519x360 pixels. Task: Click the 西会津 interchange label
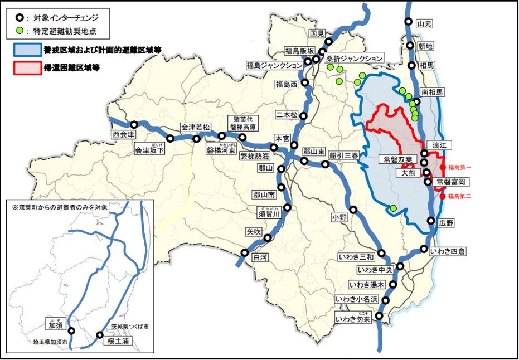coord(124,134)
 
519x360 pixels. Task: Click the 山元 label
coord(424,23)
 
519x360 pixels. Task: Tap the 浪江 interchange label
coord(440,144)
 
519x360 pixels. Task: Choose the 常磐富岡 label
coord(450,182)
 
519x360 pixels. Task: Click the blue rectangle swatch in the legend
coord(27,50)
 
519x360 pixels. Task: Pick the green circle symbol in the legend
coord(20,31)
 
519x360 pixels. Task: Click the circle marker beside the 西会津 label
coord(134,125)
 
